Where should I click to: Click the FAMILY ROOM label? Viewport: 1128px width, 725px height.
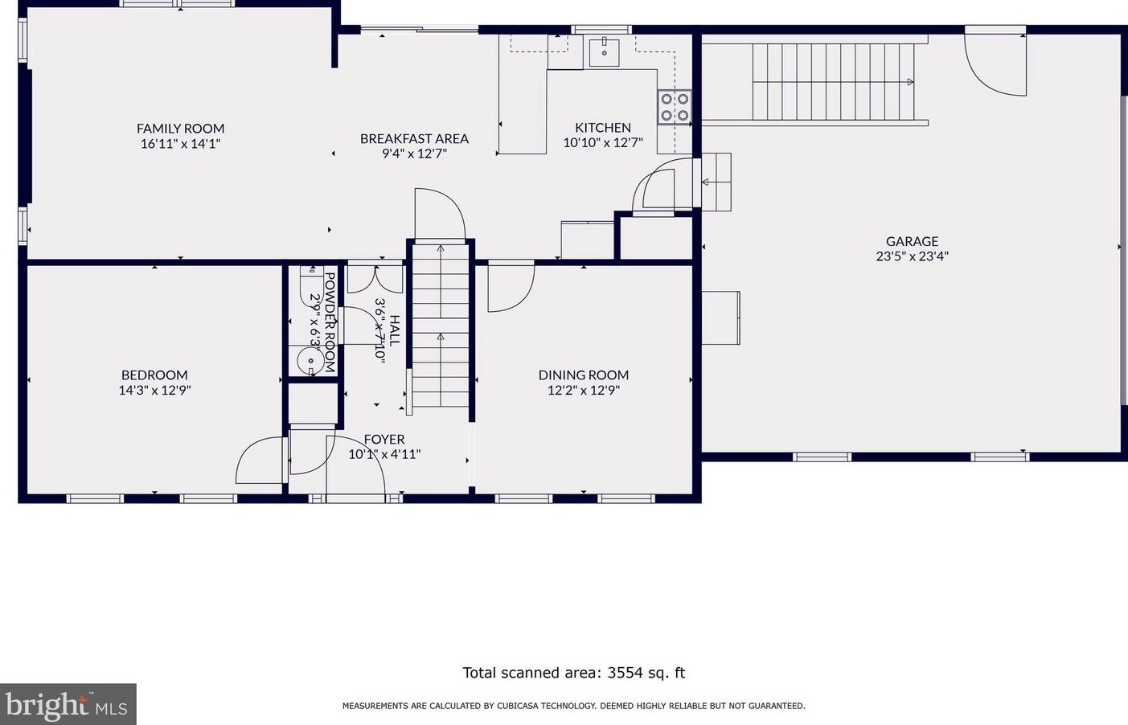[180, 129]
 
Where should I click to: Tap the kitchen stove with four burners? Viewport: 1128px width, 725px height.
[675, 107]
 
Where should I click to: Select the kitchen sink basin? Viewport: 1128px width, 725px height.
[605, 51]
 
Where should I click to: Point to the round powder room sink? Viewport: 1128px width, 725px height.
[310, 361]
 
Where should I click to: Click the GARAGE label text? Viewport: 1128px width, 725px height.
[912, 241]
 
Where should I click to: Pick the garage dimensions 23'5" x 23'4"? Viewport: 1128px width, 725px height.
[912, 256]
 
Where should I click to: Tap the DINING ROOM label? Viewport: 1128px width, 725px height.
[583, 375]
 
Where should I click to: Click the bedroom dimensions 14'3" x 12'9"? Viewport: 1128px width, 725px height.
[154, 390]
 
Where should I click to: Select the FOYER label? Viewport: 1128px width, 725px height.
[384, 439]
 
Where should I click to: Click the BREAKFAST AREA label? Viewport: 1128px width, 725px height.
[414, 138]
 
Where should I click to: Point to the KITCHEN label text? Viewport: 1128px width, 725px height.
[603, 127]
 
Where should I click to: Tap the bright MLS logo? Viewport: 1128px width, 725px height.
[68, 704]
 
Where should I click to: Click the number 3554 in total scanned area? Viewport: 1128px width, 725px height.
[625, 673]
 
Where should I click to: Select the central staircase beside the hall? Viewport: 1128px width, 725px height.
[441, 326]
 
